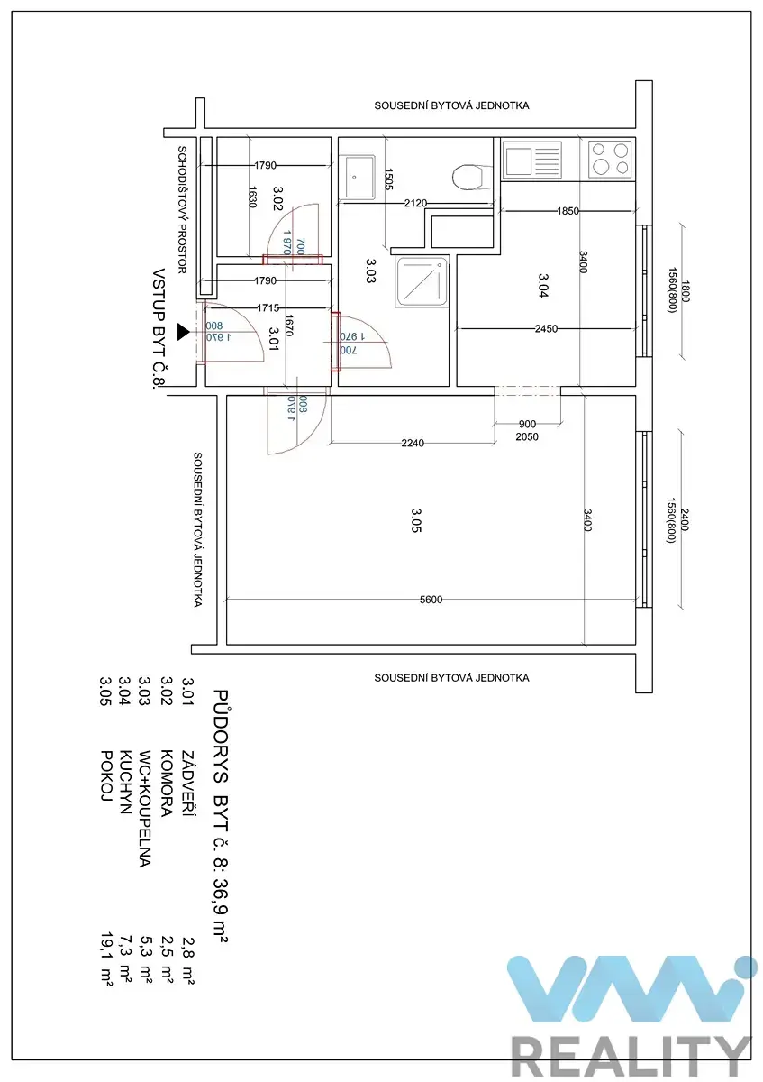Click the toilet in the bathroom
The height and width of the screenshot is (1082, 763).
pos(468,178)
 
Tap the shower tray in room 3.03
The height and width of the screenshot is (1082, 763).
pos(422,282)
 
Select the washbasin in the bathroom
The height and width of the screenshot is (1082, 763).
pos(357,177)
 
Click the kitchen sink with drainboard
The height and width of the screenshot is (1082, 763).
pos(531,160)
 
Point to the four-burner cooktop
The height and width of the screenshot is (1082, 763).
pos(610,159)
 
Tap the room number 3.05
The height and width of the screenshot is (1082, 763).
pos(416,519)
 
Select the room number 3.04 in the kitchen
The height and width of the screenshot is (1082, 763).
pos(543,285)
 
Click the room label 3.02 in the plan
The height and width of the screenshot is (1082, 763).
pos(277,198)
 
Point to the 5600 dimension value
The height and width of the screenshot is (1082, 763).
pos(431,600)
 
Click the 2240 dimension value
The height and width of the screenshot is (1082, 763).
pos(413,443)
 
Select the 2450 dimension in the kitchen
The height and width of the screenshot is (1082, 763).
pos(546,328)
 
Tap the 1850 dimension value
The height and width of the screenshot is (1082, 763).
pos(568,211)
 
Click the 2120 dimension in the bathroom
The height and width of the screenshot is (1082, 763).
pos(415,203)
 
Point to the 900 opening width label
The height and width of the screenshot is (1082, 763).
pos(527,424)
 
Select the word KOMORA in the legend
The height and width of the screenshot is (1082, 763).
pos(167,783)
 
